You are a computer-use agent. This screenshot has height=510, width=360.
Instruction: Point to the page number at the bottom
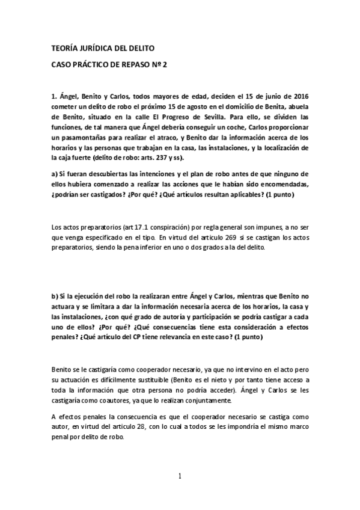click(x=180, y=476)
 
